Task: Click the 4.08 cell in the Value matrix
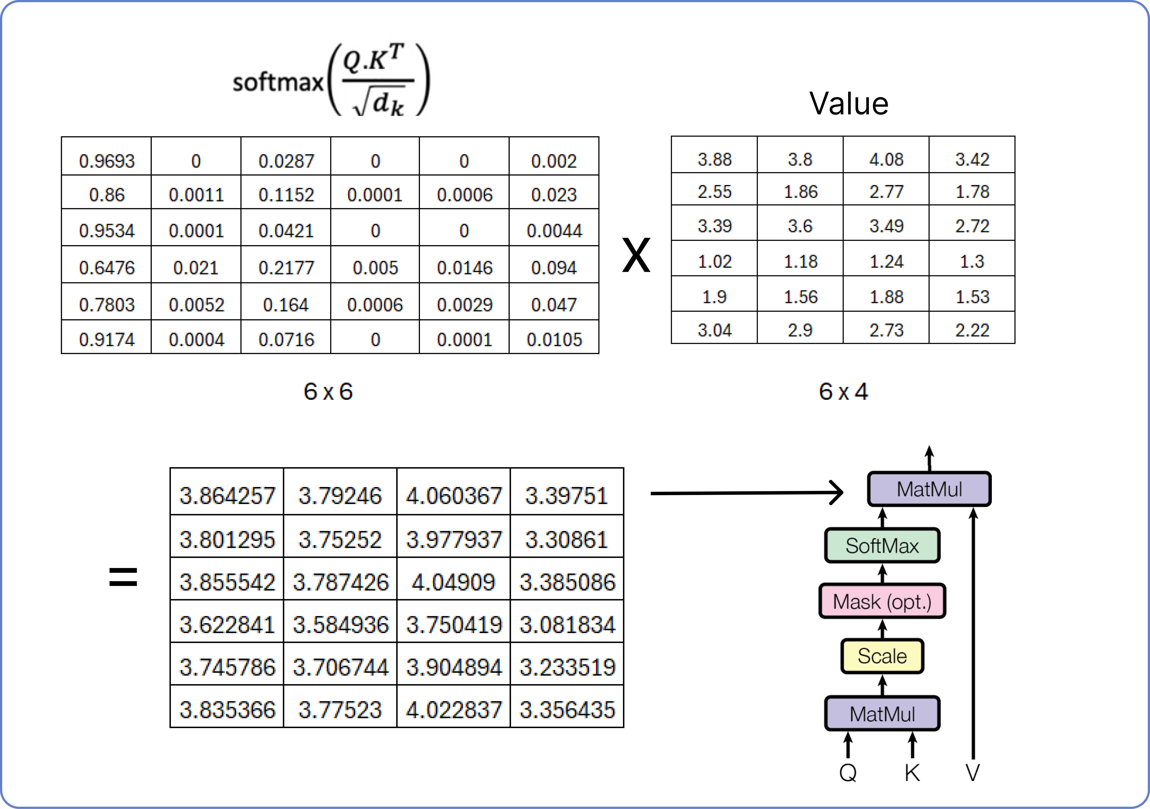(886, 155)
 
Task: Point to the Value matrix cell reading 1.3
(972, 259)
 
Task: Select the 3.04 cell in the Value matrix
(714, 328)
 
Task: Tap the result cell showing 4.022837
(453, 706)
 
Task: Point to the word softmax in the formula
(278, 82)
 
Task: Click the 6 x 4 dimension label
(843, 391)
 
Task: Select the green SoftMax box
(882, 545)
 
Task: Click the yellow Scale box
(882, 656)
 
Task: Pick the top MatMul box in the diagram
(929, 489)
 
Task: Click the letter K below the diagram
(912, 773)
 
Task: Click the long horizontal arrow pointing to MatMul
(747, 493)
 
